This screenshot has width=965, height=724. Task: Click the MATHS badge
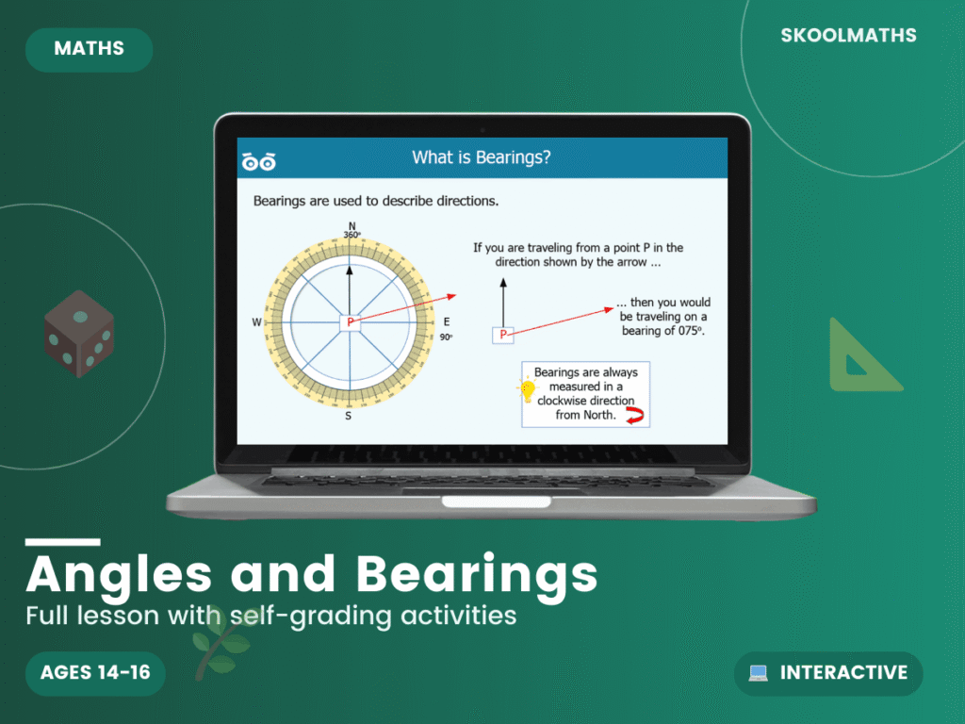pos(89,49)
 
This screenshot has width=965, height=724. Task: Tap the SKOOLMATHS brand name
pos(848,36)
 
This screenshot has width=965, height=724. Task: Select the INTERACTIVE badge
pos(828,673)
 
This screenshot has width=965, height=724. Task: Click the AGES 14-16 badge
pos(95,673)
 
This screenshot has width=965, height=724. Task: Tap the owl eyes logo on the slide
pos(258,161)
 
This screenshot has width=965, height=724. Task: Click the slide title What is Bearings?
pos(481,157)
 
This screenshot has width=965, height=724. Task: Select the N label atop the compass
pos(352,226)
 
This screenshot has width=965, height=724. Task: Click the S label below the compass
pos(349,416)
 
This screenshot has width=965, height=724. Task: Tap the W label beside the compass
pos(256,322)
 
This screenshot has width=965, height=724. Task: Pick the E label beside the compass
pos(447,322)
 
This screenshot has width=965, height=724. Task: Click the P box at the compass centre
pos(351,322)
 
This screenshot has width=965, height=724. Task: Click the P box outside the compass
pos(503,335)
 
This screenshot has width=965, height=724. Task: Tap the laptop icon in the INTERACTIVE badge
pos(758,673)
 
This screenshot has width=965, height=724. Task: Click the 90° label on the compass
pos(446,337)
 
